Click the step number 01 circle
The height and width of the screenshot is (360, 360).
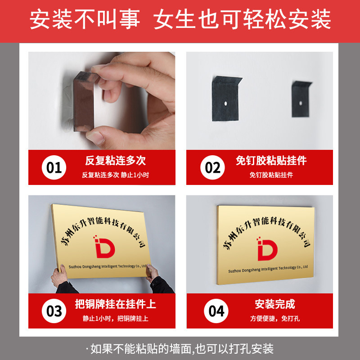pos(54,167)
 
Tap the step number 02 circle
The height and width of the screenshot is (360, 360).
pos(212,167)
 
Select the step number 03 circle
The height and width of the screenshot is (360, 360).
pos(54,311)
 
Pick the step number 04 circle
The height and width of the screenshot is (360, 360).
pos(216,311)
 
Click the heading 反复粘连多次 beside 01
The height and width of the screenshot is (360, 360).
pos(116,161)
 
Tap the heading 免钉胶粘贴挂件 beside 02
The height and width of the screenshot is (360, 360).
pos(271,161)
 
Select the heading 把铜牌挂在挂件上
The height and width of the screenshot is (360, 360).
pos(116,304)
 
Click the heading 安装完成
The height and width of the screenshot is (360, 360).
pos(275,304)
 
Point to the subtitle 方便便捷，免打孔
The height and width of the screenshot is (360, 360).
pos(275,319)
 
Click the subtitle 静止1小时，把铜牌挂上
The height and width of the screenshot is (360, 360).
pos(116,319)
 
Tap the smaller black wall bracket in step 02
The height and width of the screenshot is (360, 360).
pos(301,99)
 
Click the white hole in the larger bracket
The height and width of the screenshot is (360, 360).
pos(225,103)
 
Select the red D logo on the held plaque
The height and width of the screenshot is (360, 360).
pos(104,247)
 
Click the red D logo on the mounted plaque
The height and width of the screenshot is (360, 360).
pos(267,249)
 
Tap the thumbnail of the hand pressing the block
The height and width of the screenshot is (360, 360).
pos(102,101)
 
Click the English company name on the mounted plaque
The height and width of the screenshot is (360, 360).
pos(268,269)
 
